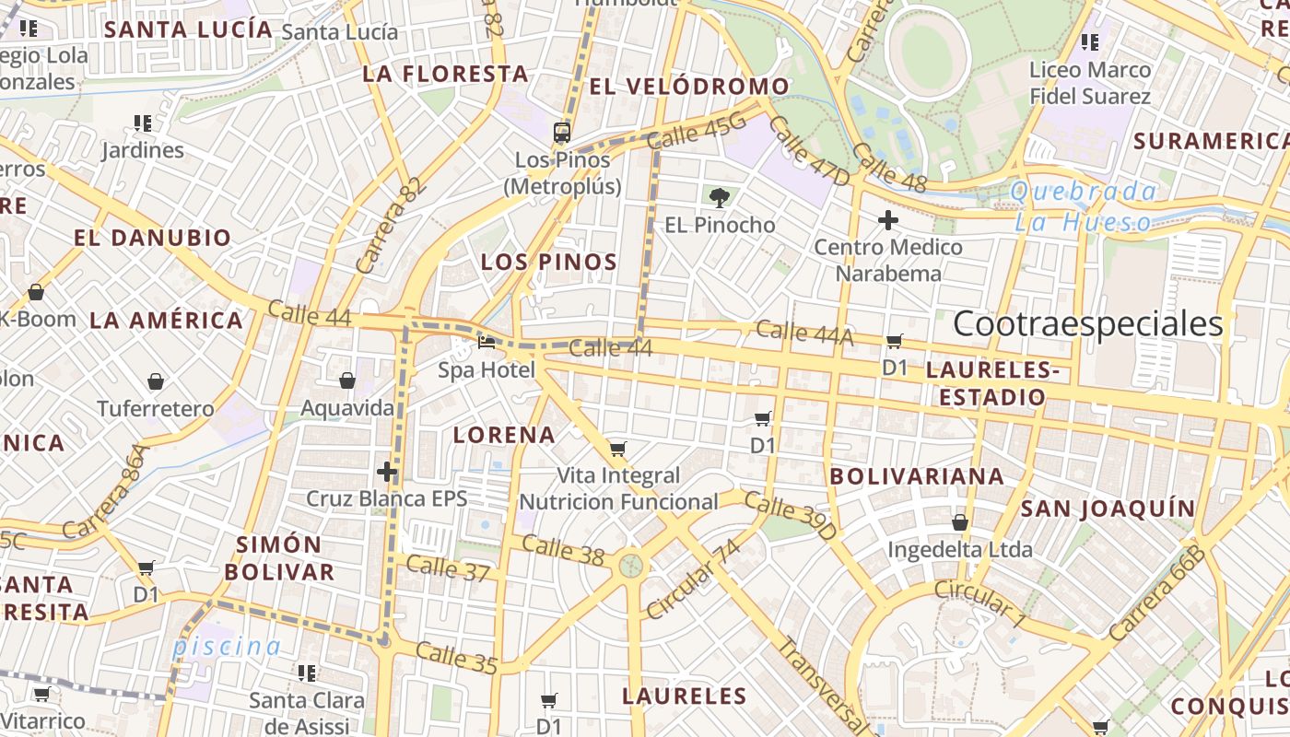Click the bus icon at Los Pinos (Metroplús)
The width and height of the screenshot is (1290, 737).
point(562,133)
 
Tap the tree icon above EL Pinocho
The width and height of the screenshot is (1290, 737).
point(720,197)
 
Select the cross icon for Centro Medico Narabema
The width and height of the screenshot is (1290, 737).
point(888,220)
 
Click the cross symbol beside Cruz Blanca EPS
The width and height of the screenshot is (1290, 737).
point(387,473)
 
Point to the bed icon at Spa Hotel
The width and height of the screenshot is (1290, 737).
point(487,344)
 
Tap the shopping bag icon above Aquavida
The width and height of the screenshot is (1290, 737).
point(347,380)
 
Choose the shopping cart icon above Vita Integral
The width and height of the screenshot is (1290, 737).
point(617,449)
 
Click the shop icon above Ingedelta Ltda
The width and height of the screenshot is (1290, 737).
point(959,522)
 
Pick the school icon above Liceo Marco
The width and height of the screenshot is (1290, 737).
point(1090,41)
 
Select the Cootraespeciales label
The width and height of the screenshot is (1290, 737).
point(1087,324)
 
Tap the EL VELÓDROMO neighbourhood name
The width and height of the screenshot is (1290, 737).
point(689,87)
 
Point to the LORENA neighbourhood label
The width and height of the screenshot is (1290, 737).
point(504,435)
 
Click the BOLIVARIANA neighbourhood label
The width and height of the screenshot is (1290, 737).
point(916,476)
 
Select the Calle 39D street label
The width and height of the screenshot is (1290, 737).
point(790,517)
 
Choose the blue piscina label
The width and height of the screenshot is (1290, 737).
point(226,646)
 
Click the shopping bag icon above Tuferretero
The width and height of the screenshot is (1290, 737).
point(156,381)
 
